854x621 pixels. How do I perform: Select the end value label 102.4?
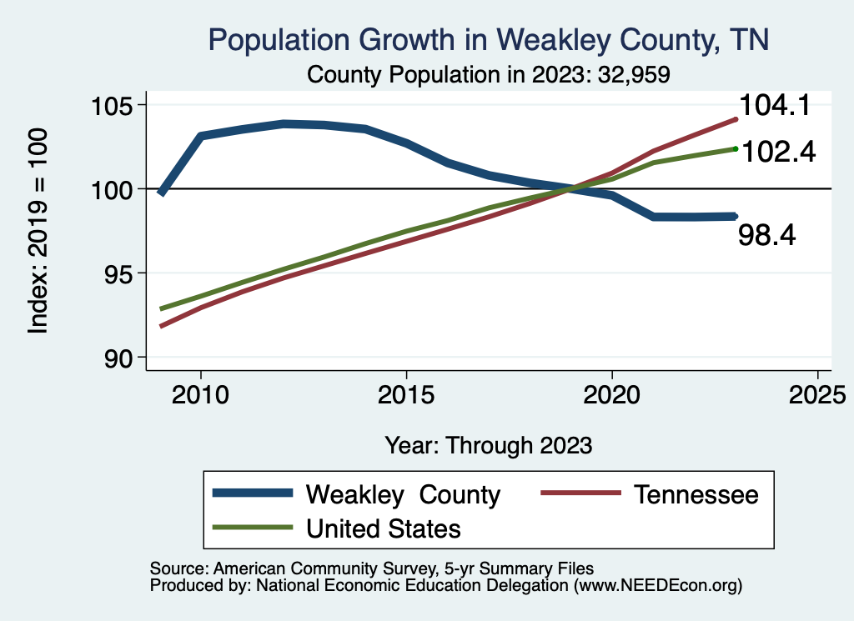777,152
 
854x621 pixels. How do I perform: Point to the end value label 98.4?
767,236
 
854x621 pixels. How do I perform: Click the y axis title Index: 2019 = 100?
38,231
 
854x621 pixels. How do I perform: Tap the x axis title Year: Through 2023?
488,445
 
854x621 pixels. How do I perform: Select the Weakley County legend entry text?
403,494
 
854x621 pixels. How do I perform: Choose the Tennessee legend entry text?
696,494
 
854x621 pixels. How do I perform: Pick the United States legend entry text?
384,528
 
